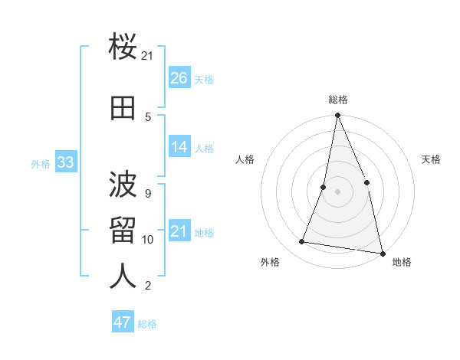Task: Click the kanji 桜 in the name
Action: (x=123, y=50)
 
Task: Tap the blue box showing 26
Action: (x=179, y=78)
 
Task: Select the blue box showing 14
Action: (x=179, y=147)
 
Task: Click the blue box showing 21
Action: (x=179, y=231)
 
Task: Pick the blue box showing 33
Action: (x=65, y=162)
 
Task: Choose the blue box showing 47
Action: (x=123, y=322)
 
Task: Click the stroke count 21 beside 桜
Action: (x=148, y=56)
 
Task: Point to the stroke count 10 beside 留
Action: (x=148, y=240)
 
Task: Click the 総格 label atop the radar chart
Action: (x=337, y=100)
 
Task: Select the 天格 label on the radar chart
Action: (x=431, y=159)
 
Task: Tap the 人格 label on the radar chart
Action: (x=245, y=159)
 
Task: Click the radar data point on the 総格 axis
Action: (x=337, y=116)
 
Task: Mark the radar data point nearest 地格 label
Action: (x=382, y=253)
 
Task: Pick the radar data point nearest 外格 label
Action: (x=302, y=242)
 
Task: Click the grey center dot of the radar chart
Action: (x=337, y=191)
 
